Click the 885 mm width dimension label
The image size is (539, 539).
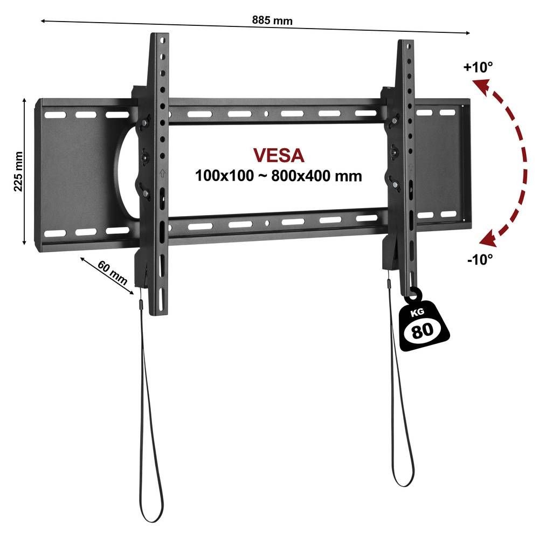pos(272,20)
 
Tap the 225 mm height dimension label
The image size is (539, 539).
pos(18,171)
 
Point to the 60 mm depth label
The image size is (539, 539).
pos(112,273)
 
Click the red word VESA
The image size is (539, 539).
pos(279,155)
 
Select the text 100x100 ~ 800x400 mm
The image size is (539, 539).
pos(279,176)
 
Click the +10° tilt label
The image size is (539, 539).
pos(478,67)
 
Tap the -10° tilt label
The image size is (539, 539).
pos(480,259)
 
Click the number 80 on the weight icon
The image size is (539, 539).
pos(422,330)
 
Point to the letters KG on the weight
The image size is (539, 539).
pos(417,313)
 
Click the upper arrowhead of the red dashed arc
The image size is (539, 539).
pos(480,86)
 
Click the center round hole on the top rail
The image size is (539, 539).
pos(266,113)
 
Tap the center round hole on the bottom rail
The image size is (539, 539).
pos(267,223)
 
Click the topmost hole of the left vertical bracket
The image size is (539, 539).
pos(163,40)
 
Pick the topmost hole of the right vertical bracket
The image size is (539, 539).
pos(409,46)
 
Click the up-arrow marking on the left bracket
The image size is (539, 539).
pos(163,173)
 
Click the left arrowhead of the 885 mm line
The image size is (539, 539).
pos(44,21)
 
